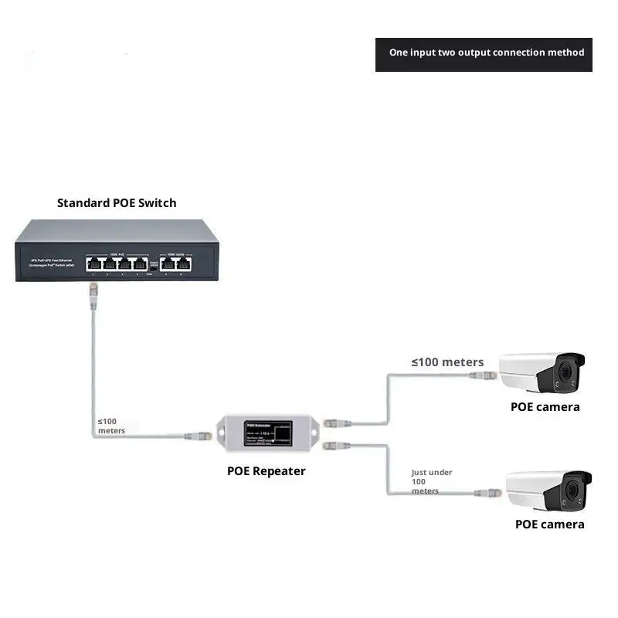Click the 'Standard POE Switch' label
tap(117, 203)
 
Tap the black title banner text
tap(486, 53)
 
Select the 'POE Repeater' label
tap(266, 471)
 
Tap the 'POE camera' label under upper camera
tap(545, 407)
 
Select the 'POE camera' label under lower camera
tap(549, 525)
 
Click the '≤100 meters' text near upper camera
tap(447, 362)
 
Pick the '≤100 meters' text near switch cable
tap(111, 426)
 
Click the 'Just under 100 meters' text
tap(432, 481)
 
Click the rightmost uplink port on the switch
tap(183, 263)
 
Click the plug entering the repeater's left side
tap(199, 436)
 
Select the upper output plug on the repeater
tap(334, 424)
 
